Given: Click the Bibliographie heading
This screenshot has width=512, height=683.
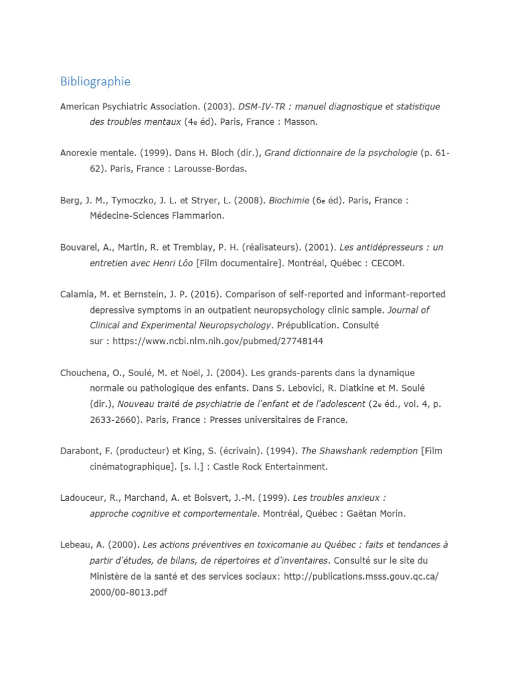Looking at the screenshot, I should click(95, 81).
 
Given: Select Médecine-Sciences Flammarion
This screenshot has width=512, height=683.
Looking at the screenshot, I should click(157, 215).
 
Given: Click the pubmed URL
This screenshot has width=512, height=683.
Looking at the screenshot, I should click(217, 341).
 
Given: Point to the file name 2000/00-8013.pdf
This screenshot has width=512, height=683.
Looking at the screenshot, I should click(127, 592).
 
